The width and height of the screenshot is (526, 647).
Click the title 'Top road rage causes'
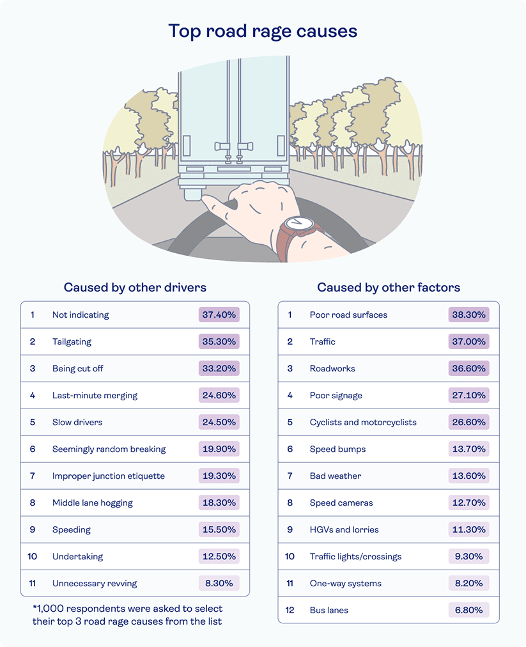263,31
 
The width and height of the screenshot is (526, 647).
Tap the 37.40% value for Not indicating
219,315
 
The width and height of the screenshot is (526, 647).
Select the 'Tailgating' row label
72,341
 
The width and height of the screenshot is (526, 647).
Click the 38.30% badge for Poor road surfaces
468,315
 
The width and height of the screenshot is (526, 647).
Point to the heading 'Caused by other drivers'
135,287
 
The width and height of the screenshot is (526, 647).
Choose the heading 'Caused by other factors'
389,287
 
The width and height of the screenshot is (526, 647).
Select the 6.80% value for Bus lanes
468,610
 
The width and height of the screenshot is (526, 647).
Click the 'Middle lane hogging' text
93,503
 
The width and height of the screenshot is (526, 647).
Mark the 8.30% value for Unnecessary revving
219,583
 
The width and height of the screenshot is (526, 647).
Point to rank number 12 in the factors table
290,610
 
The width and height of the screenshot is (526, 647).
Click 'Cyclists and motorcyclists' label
363,422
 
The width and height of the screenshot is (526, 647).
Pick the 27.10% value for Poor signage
468,395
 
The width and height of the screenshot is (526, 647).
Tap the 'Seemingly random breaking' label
109,449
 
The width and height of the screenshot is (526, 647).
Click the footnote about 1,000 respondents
127,614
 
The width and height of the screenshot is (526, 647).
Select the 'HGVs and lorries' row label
344,529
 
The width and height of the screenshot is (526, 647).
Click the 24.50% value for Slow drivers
219,422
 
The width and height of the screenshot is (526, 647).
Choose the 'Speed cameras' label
341,503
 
